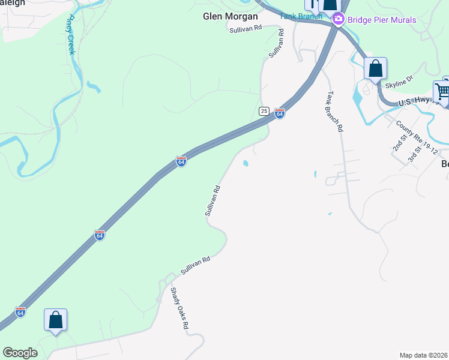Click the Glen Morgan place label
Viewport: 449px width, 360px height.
tap(230, 16)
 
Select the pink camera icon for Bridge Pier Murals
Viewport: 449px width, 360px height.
tap(338, 20)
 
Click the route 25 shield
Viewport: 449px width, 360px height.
tap(264, 111)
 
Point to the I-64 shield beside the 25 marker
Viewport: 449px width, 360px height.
tap(279, 113)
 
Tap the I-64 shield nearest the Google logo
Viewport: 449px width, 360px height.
tap(20, 313)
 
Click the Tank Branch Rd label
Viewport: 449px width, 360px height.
tap(335, 112)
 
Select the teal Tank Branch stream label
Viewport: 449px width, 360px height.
tap(301, 16)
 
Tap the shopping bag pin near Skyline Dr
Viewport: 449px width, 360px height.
tap(375, 68)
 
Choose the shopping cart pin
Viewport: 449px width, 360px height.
tap(442, 92)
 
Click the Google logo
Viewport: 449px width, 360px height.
tap(20, 353)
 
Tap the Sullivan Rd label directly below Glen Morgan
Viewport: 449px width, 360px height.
tap(246, 28)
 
